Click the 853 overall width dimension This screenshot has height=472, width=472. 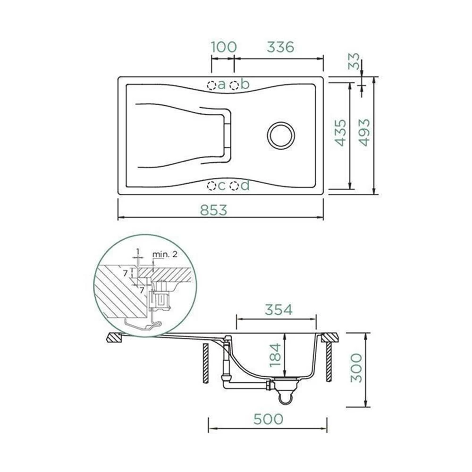pos(213,210)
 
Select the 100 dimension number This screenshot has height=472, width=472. pos(223,47)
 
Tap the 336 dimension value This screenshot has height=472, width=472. pos(280,47)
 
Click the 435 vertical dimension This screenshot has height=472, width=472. pos(341,133)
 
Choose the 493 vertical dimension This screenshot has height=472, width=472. pos(364,133)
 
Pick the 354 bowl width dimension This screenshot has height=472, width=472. pos(278,310)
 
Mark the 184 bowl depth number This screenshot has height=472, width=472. pos(275,355)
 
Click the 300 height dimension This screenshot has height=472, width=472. pos(356,368)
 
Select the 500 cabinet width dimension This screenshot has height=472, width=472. pos(268,419)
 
